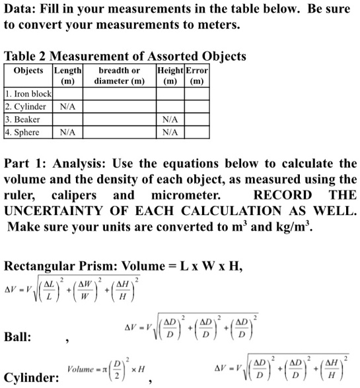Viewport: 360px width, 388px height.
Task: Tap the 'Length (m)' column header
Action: click(x=68, y=75)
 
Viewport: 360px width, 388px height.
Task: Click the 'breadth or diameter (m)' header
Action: click(x=118, y=75)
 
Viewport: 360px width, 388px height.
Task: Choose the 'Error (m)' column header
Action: click(x=197, y=75)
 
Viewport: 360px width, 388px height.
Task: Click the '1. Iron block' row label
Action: click(x=28, y=95)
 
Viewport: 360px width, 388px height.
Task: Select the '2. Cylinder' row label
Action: click(x=26, y=107)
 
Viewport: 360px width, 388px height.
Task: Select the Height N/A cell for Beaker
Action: click(x=169, y=119)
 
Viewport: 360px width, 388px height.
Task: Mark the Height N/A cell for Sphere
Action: click(x=169, y=132)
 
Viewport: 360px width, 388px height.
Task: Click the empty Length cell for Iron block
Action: click(x=68, y=95)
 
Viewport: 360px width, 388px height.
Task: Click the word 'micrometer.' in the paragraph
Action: click(x=190, y=196)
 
